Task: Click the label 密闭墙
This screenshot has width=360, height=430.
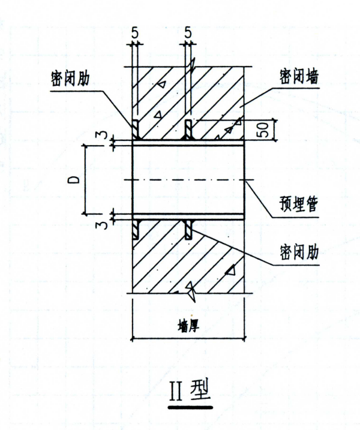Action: click(x=299, y=77)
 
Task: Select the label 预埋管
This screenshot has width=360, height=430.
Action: click(x=299, y=204)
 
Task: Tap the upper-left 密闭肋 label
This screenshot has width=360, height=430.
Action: click(x=70, y=79)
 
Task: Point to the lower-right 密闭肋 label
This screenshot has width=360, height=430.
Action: click(x=299, y=252)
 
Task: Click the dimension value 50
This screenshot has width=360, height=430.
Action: click(x=263, y=130)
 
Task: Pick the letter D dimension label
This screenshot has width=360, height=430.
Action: click(x=74, y=180)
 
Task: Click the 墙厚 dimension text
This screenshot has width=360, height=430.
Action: click(x=188, y=326)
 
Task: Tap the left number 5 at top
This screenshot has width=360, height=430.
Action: click(x=135, y=33)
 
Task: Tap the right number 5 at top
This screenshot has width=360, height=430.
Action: click(x=188, y=33)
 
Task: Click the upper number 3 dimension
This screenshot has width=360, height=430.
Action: click(x=103, y=135)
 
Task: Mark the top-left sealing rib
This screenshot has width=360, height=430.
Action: click(x=136, y=130)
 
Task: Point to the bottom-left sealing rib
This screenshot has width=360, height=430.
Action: click(x=136, y=230)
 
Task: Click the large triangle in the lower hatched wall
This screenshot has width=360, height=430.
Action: click(x=231, y=269)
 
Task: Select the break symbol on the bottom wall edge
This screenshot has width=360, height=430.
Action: click(x=191, y=292)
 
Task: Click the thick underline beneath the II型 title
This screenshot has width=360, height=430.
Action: click(x=190, y=407)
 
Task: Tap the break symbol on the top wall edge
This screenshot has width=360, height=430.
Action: click(x=191, y=66)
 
